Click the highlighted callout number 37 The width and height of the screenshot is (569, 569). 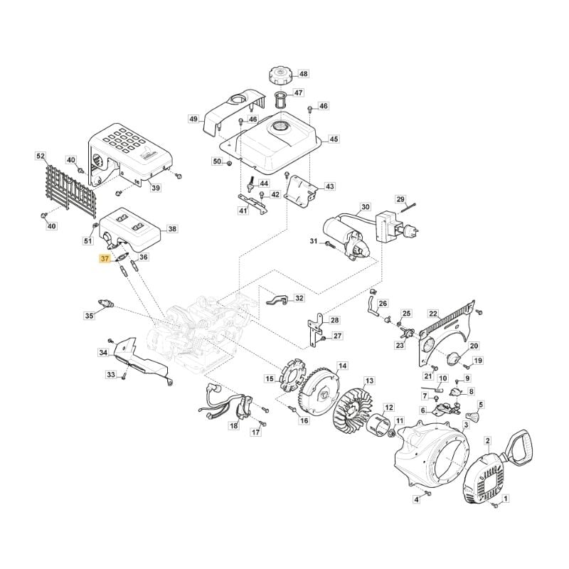pos(105,259)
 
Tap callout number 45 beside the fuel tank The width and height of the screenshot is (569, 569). pos(334,139)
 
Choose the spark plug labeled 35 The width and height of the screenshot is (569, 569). pos(106,304)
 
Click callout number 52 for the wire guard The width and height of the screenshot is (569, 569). pos(41,156)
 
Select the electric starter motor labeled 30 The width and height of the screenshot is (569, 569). pos(341,235)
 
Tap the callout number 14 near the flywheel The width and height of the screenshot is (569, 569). pos(343,366)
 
